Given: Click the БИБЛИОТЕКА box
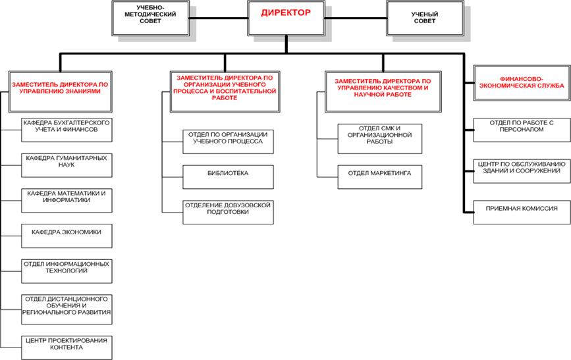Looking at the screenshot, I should click(x=227, y=172).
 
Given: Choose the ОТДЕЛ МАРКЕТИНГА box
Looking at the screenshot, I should click(x=379, y=172).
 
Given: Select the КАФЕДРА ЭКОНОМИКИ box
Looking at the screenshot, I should click(x=65, y=234).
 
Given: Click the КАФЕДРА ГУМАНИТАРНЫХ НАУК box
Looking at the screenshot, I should click(x=65, y=161).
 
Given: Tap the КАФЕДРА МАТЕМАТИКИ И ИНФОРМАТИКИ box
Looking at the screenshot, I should click(x=65, y=197).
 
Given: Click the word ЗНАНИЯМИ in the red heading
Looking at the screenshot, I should click(x=84, y=91).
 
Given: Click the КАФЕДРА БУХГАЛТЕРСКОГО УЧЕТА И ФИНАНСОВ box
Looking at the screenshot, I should click(x=65, y=126).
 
